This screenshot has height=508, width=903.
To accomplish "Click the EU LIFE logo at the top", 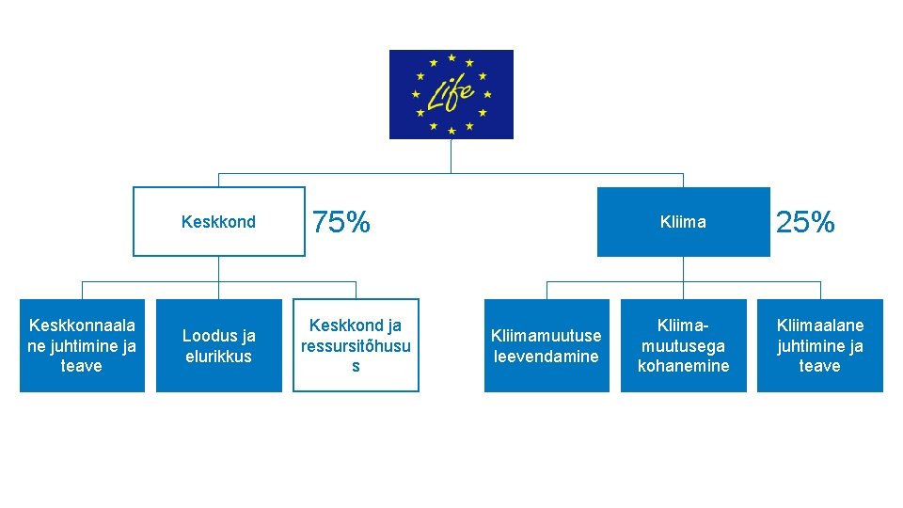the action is [x=451, y=94].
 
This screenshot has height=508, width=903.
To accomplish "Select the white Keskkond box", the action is [x=218, y=222].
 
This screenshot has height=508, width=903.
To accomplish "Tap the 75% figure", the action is [x=341, y=223].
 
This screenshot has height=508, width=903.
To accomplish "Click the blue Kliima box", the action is [x=683, y=222].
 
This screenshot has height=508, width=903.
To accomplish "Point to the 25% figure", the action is [x=805, y=223].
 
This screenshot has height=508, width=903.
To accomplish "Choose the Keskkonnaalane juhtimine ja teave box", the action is [x=82, y=345].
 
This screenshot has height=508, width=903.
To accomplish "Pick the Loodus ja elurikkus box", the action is [x=218, y=345].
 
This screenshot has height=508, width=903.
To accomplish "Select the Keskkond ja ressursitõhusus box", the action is [x=356, y=345].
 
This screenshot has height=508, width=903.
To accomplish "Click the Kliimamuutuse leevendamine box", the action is [x=547, y=345].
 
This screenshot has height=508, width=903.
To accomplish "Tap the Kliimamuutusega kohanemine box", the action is [x=683, y=345].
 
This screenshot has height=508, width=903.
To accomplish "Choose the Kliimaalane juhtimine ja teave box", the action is [x=819, y=345].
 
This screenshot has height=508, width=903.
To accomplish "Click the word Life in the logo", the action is [x=451, y=92].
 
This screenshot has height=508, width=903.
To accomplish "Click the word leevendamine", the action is [x=547, y=357].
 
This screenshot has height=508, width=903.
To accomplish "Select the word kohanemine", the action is [x=683, y=366].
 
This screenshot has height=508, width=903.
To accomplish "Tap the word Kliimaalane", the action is [x=819, y=325].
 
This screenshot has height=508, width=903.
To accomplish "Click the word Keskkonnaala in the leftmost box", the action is [x=82, y=325].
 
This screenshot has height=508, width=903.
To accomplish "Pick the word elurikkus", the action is [x=218, y=357].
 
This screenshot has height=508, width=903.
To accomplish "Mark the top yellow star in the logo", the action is [x=451, y=58].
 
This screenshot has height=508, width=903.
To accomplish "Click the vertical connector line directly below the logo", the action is [x=451, y=156].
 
